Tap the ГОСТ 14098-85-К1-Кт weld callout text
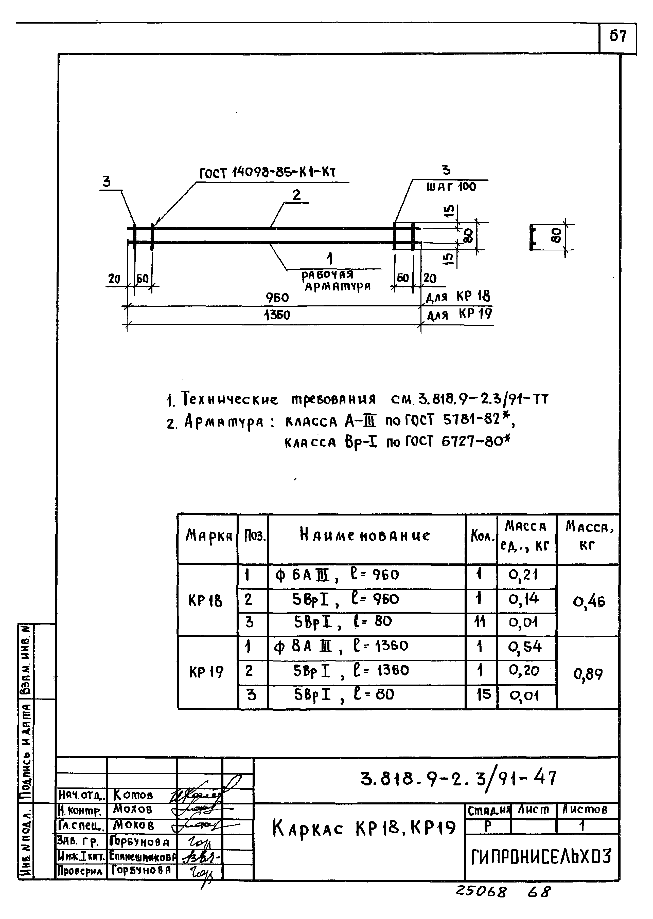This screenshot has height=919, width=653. click(x=267, y=173)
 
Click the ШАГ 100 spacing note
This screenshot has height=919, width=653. click(x=451, y=187)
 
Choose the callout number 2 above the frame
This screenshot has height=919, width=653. click(x=296, y=195)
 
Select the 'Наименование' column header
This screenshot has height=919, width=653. click(x=365, y=536)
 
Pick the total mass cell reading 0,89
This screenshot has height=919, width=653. click(x=588, y=674)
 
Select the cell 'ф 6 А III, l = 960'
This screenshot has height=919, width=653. click(x=337, y=575)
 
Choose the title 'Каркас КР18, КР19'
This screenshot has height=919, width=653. click(x=364, y=828)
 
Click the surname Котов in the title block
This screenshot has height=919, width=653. click(x=133, y=795)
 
